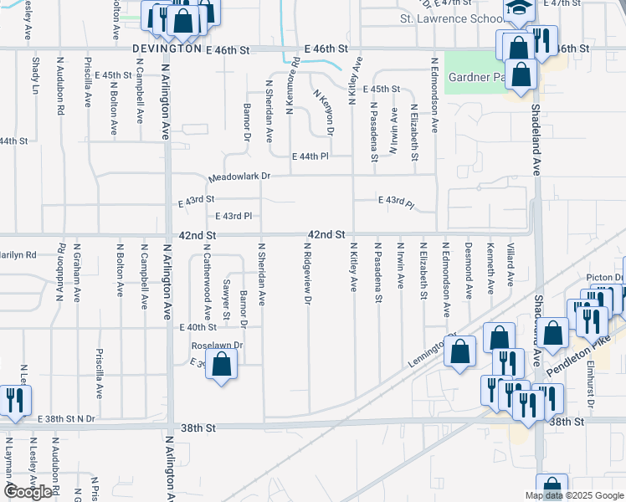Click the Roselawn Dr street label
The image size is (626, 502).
pyautogui.click(x=217, y=345)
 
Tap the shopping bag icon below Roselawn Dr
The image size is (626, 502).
pyautogui.click(x=221, y=365)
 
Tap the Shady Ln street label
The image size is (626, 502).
pyautogui.click(x=34, y=75)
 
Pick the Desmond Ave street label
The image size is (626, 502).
pyautogui.click(x=469, y=269)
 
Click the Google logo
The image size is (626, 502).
pyautogui.click(x=28, y=492)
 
